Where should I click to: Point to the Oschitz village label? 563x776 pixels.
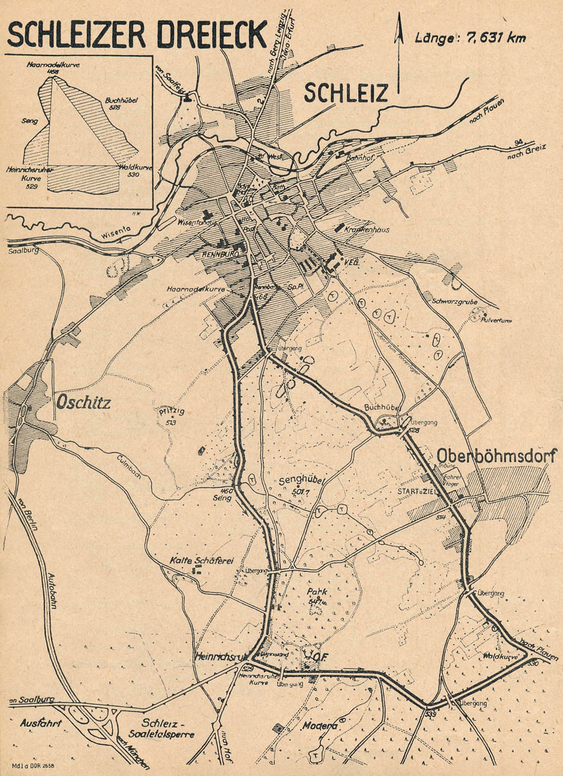coord(83,403)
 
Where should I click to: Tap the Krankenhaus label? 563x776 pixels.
coord(366,230)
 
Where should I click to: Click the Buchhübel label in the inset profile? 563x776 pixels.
coord(122,103)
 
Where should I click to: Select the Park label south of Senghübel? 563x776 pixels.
coord(298,590)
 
